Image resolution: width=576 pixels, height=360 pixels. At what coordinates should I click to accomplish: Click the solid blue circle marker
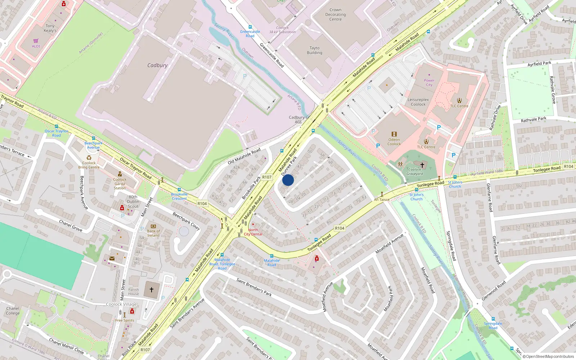(x=288, y=180)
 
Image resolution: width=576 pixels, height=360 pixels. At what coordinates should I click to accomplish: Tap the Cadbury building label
(x=157, y=65)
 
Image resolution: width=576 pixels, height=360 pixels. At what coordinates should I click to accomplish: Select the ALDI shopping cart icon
(x=36, y=41)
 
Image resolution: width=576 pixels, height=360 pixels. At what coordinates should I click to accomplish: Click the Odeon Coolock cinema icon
(x=394, y=134)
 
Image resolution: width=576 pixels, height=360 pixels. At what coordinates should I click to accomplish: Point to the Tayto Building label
(x=314, y=50)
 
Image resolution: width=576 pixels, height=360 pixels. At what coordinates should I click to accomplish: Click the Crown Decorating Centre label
(x=335, y=14)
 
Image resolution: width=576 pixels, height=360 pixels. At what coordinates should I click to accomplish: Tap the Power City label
(x=429, y=82)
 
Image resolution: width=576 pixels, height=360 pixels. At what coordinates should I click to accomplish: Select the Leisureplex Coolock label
(x=418, y=102)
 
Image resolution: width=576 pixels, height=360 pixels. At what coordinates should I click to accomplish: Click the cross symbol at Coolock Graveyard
(x=422, y=165)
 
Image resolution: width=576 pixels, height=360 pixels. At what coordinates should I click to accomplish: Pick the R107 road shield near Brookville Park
(x=267, y=177)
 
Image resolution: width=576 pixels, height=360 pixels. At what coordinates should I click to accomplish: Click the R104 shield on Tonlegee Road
(x=339, y=228)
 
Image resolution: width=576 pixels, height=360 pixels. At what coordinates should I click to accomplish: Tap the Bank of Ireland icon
(x=153, y=226)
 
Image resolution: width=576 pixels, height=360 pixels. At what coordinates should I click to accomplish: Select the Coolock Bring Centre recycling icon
(x=89, y=158)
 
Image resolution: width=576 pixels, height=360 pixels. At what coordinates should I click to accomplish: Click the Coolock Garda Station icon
(x=120, y=174)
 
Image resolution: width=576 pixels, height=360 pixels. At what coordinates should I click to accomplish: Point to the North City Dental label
(x=253, y=232)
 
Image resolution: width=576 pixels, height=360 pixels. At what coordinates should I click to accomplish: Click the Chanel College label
(x=13, y=311)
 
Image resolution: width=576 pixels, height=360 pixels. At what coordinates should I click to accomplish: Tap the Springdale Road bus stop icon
(x=493, y=319)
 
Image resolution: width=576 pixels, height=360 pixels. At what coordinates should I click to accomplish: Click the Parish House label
(x=133, y=292)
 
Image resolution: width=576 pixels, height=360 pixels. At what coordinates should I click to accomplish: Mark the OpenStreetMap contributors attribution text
(x=548, y=356)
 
